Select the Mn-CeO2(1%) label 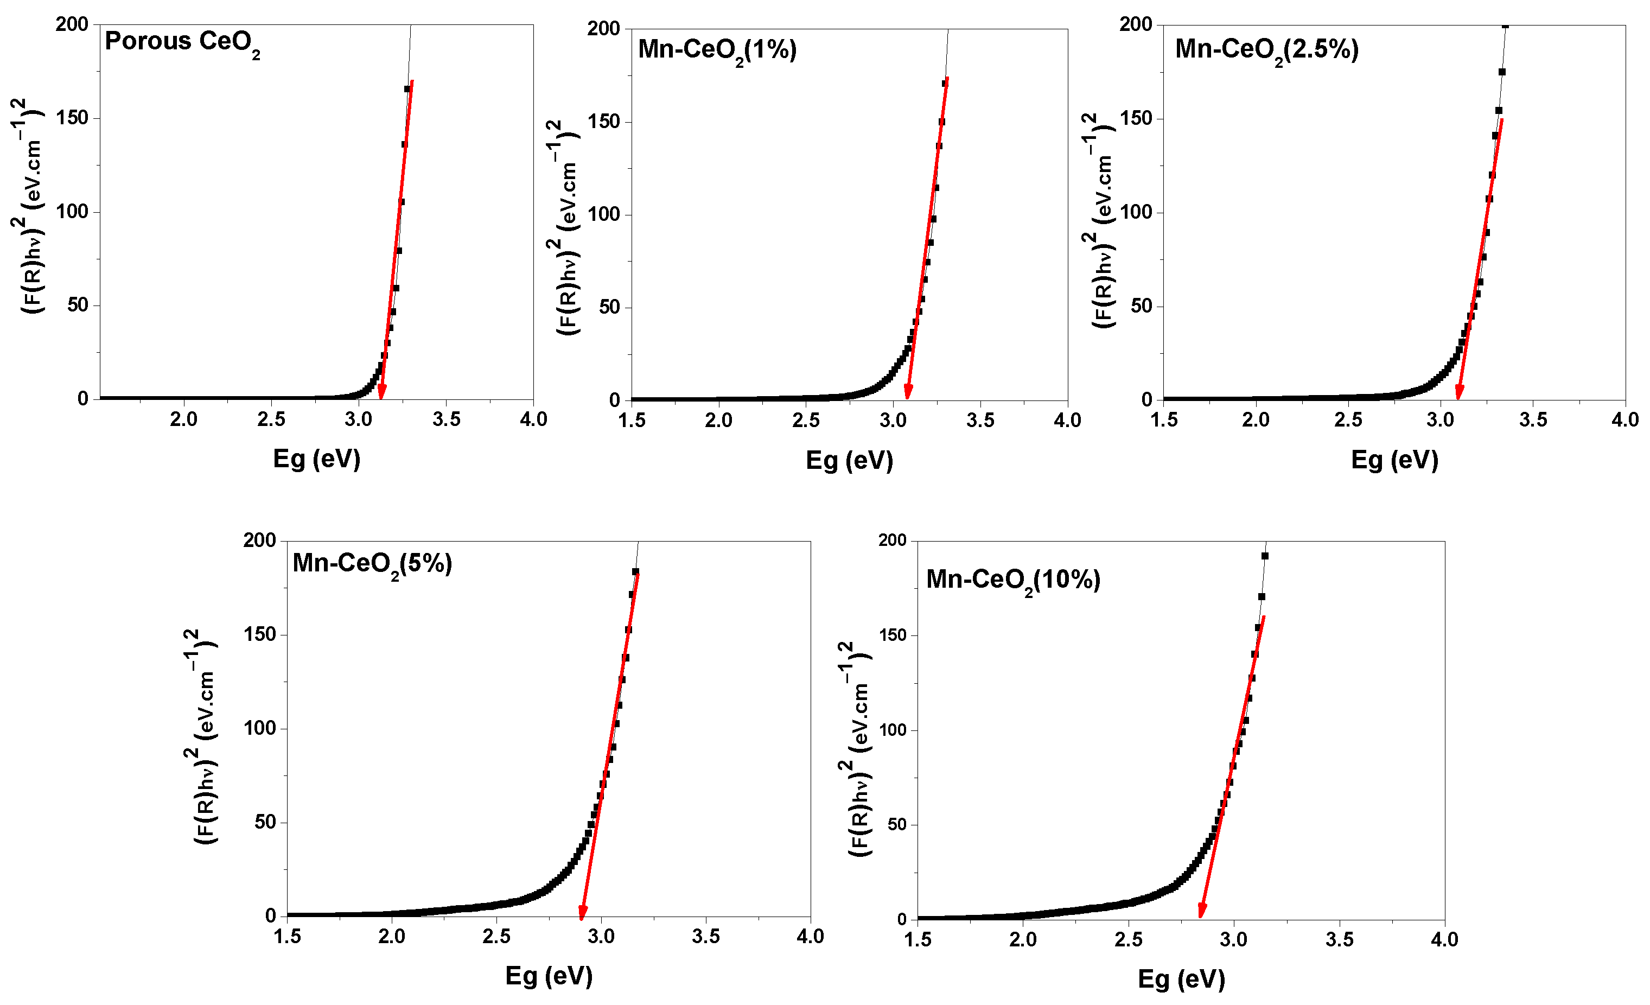click(x=717, y=50)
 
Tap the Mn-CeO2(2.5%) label click(x=1266, y=50)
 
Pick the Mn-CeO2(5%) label click(x=372, y=564)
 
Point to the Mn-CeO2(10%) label click(x=1012, y=580)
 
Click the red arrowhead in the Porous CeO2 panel click(x=381, y=392)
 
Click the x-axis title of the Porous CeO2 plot click(x=317, y=459)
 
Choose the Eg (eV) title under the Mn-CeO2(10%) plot click(x=1181, y=979)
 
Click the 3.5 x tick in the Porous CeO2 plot click(x=446, y=420)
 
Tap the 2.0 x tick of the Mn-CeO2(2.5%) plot click(x=1256, y=421)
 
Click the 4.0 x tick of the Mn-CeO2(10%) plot click(x=1444, y=940)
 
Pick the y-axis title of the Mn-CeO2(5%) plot click(x=201, y=736)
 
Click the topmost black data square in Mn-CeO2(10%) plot click(x=1265, y=556)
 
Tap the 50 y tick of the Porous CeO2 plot click(x=78, y=306)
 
